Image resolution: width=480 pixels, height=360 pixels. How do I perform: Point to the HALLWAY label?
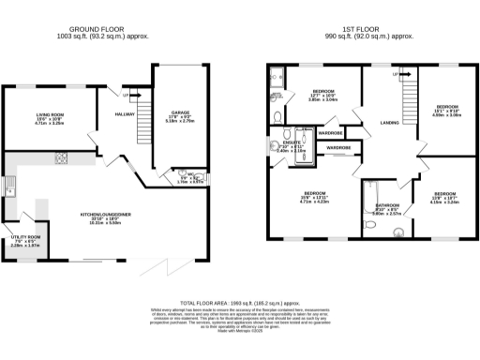pyautogui.click(x=125, y=113)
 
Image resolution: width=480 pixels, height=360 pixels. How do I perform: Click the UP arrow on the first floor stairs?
pyautogui.click(x=397, y=74)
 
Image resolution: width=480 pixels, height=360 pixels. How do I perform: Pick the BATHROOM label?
pyautogui.click(x=387, y=205)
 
